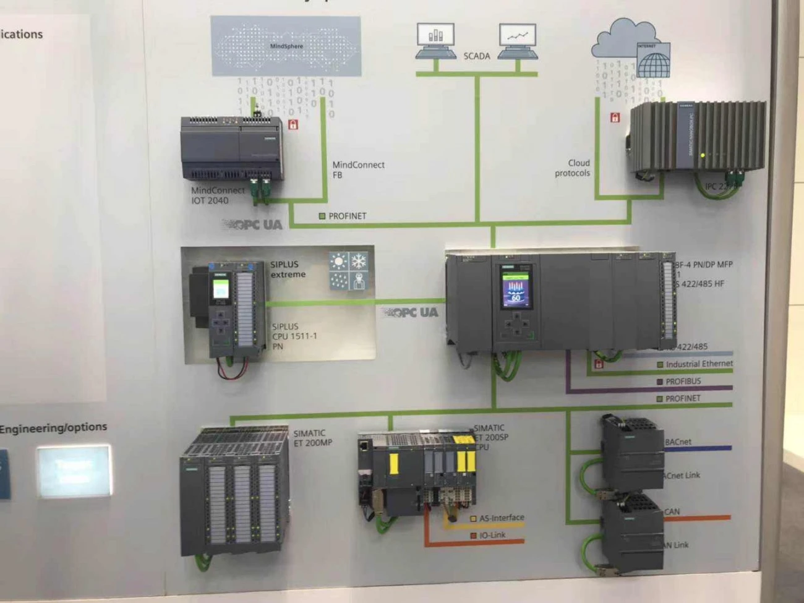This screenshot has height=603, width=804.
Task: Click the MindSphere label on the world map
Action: pos(286,46)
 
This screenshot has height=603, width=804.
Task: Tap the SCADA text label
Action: pos(476,56)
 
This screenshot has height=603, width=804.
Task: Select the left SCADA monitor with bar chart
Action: pos(435,38)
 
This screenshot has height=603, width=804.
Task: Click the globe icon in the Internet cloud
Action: pos(653,64)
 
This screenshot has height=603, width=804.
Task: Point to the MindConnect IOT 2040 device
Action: pos(232,148)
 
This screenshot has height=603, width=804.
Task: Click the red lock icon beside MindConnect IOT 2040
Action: pos(293,125)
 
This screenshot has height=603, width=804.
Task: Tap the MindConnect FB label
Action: pos(358,169)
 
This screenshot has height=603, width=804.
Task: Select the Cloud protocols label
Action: pos(573,168)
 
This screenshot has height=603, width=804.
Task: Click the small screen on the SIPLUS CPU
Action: pos(221,289)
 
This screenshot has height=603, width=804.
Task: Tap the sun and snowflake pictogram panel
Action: pos(348,271)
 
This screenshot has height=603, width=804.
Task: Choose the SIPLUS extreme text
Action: pos(288,269)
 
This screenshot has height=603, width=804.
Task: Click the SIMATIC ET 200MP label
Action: pos(312,438)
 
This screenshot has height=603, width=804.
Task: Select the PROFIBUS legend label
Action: pos(683,382)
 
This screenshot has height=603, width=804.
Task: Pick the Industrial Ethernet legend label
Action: pos(698,364)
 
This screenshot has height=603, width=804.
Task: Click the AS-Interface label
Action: pos(501,518)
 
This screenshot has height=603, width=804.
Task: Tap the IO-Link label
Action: pos(492,535)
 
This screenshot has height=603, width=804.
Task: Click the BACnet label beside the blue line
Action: pos(678,442)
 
